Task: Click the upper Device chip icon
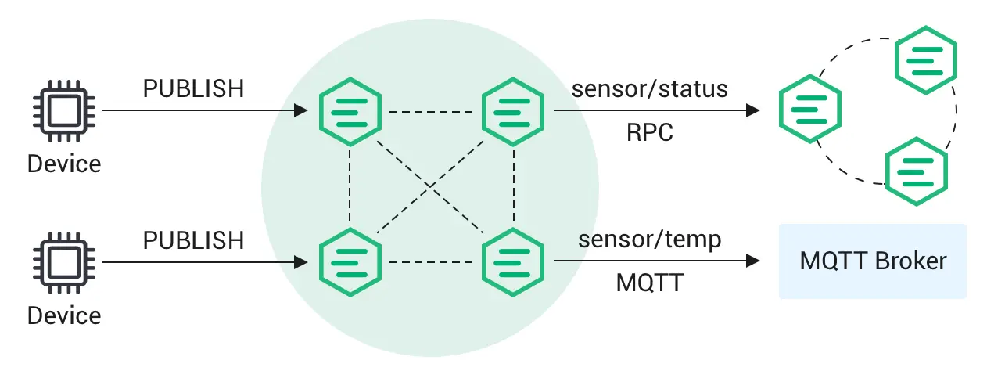click(64, 111)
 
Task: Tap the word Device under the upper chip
click(64, 164)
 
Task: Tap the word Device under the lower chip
click(64, 315)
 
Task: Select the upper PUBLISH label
click(193, 89)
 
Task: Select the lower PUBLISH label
click(193, 240)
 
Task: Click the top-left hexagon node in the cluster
click(350, 111)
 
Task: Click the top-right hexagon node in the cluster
click(514, 111)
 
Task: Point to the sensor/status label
click(650, 88)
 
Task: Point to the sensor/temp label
click(650, 239)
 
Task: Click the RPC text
click(650, 132)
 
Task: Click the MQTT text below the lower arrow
click(650, 283)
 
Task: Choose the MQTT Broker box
click(873, 261)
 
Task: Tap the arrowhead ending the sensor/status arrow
click(754, 111)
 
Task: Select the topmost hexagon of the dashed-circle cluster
click(927, 59)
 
